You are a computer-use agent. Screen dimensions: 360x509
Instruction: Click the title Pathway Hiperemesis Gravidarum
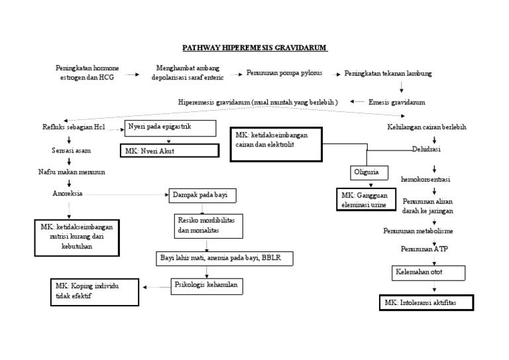[x=255, y=48]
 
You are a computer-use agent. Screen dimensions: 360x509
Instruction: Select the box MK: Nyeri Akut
[x=169, y=150]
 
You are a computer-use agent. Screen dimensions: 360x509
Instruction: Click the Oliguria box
[x=369, y=172]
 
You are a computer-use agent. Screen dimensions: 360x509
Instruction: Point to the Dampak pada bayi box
[x=203, y=196]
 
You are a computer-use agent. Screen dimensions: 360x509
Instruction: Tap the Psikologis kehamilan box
[x=205, y=286]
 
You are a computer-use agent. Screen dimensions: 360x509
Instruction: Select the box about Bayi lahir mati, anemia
[x=223, y=258]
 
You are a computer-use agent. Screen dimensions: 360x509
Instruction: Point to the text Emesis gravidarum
[x=396, y=103]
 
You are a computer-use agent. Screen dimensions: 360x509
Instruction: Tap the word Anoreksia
[x=68, y=194]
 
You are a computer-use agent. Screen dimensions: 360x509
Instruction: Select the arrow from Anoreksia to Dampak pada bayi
[x=126, y=195]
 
